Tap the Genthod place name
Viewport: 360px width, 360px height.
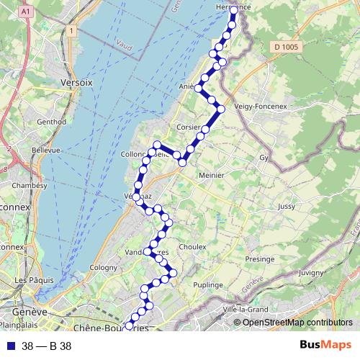[50, 122]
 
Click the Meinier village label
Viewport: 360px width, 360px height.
[211, 175]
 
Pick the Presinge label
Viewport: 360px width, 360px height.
[259, 258]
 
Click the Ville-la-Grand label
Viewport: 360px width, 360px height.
[246, 310]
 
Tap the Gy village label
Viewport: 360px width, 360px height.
[264, 157]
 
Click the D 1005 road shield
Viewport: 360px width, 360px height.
[286, 47]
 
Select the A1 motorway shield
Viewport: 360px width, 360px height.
[26, 12]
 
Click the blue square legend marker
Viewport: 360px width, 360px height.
[11, 346]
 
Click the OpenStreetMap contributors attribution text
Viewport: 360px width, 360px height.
[299, 323]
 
